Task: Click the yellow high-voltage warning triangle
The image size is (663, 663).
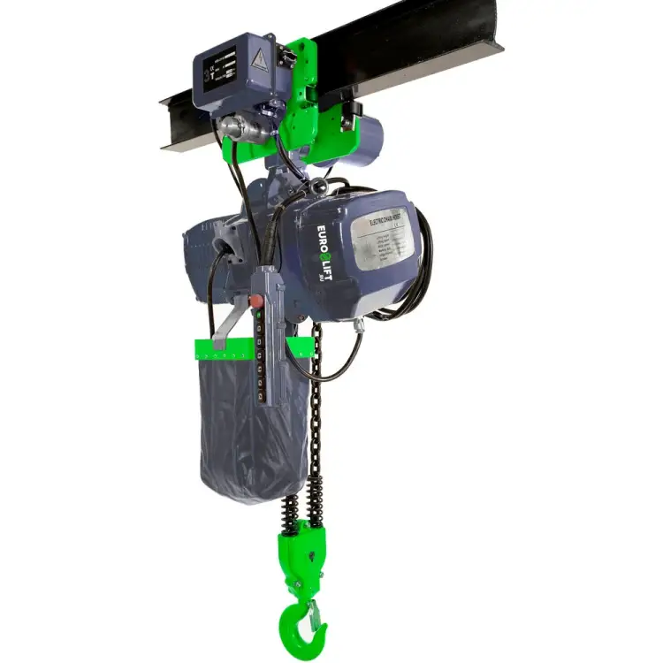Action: click(259, 61)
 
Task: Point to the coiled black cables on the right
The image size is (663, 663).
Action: click(423, 265)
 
